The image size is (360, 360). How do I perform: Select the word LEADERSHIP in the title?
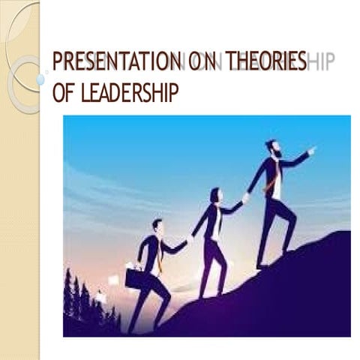point(126,93)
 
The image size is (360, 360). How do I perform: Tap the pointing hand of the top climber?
point(311,150)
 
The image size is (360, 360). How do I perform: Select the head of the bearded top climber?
point(272,148)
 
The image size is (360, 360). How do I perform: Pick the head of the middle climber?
point(216,194)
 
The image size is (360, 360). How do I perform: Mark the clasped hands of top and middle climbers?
point(245,198)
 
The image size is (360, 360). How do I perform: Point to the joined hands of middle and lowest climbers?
point(190,238)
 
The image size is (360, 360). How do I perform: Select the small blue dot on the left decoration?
point(40,79)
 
